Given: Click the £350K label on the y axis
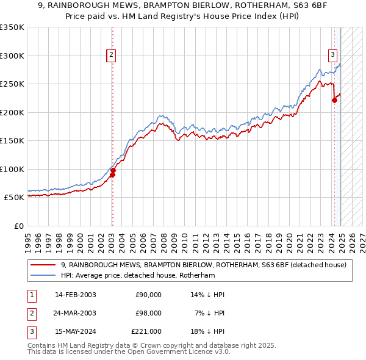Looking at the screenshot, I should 12,27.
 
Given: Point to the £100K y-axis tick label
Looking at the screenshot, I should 12,169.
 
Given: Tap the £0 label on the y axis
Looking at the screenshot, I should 19,226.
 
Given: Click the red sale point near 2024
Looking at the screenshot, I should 334,101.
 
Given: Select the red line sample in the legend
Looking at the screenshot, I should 43,265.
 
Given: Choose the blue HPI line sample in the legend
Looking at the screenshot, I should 43,275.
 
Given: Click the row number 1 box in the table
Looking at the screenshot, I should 30,295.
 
